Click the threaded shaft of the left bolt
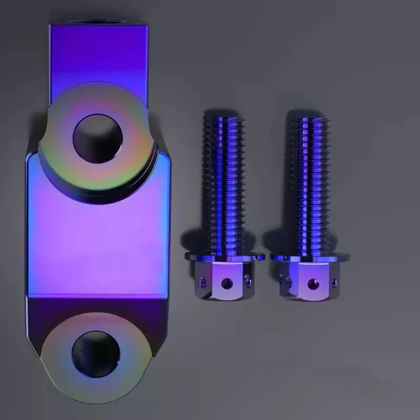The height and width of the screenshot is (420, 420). click(x=223, y=184)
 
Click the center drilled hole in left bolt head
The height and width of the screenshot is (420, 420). click(x=227, y=283)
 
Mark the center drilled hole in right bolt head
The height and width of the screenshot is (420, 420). click(x=313, y=284)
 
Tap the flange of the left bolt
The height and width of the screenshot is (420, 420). click(x=224, y=257)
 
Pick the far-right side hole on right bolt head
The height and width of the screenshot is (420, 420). click(x=334, y=283)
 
